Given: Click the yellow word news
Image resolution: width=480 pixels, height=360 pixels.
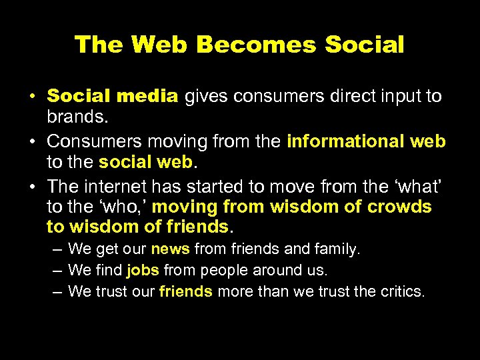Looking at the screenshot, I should [x=171, y=249].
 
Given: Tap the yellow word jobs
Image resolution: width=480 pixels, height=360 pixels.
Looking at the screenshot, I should [x=142, y=271].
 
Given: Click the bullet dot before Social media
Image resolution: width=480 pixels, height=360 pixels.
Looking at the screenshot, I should [x=32, y=97].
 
